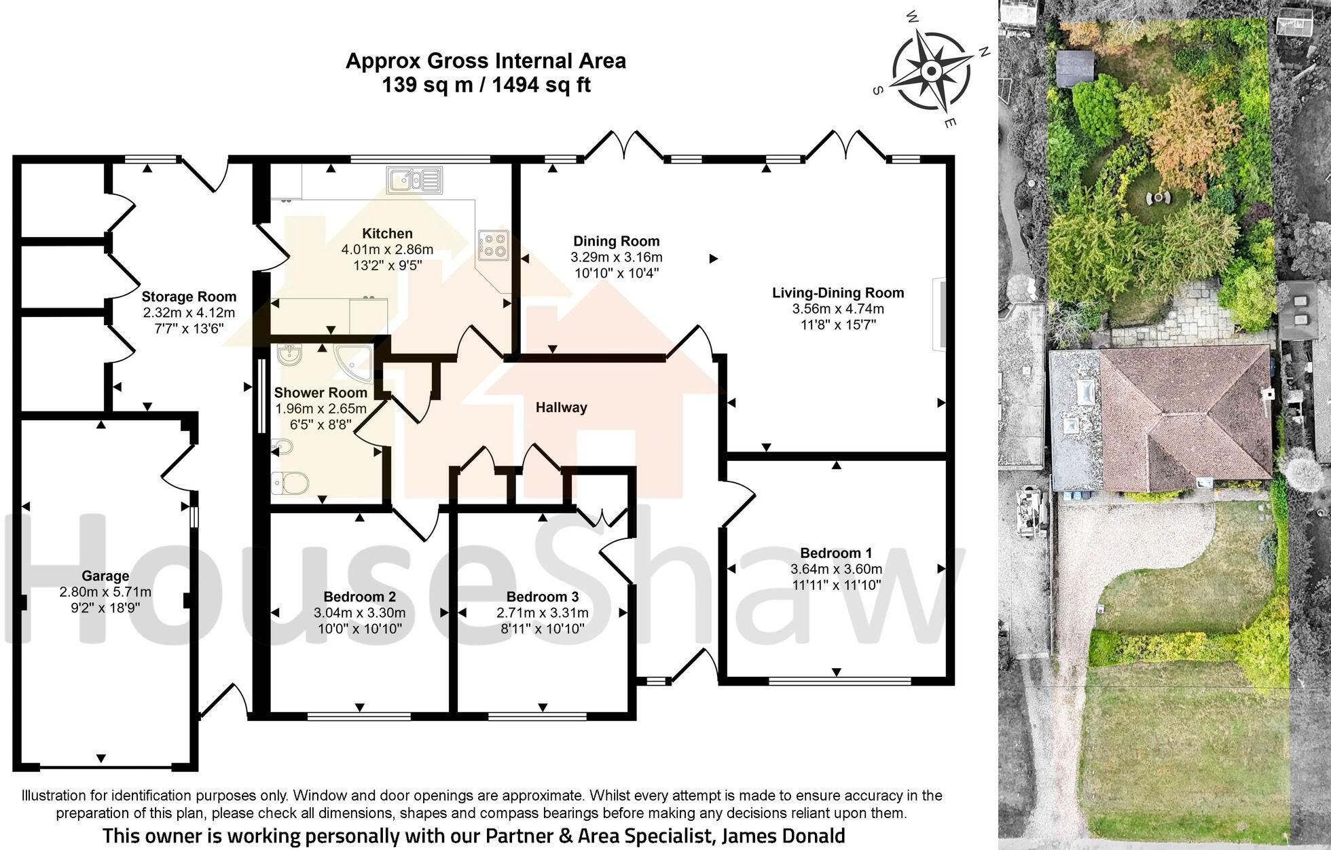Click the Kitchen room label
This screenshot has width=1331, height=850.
[x=387, y=234]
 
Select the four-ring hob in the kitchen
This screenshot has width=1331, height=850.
[x=494, y=246]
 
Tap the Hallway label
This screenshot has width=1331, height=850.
[x=561, y=407]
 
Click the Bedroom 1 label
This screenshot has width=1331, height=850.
[x=835, y=553]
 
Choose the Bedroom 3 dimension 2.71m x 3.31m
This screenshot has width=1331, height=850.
[x=542, y=613]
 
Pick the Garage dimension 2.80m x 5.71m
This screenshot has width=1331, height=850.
[x=105, y=592]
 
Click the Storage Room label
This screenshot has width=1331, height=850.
[x=189, y=297]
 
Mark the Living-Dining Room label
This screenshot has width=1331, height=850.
[x=838, y=293]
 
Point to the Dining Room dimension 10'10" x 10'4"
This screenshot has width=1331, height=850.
[x=616, y=273]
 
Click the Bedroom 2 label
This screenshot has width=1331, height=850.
[x=359, y=597]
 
